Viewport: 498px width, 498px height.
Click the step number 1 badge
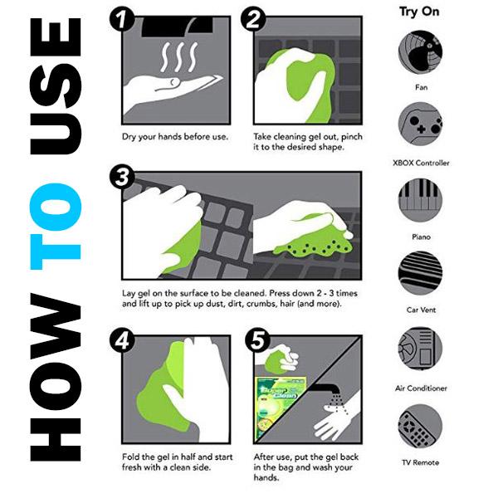[x=122, y=20]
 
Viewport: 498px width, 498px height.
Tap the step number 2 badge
[x=253, y=20]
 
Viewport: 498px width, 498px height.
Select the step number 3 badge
[x=122, y=177]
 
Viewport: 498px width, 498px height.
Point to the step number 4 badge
[x=122, y=341]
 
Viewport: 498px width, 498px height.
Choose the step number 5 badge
[x=257, y=341]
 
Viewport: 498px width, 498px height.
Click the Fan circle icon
[x=420, y=52]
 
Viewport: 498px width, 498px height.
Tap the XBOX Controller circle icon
[x=420, y=124]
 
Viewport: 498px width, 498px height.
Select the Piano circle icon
[x=420, y=200]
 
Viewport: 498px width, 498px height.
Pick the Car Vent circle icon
[x=420, y=273]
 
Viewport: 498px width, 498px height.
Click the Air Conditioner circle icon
[x=420, y=349]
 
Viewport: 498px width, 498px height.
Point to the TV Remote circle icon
[x=420, y=426]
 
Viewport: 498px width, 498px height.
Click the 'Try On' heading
[x=419, y=12]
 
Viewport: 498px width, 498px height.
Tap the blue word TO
[x=56, y=226]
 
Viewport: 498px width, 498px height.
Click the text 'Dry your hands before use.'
[x=175, y=137]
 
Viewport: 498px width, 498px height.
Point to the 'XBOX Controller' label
[x=421, y=163]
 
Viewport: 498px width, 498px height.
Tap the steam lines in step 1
[x=179, y=57]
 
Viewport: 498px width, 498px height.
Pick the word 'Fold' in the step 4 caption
[x=131, y=456]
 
